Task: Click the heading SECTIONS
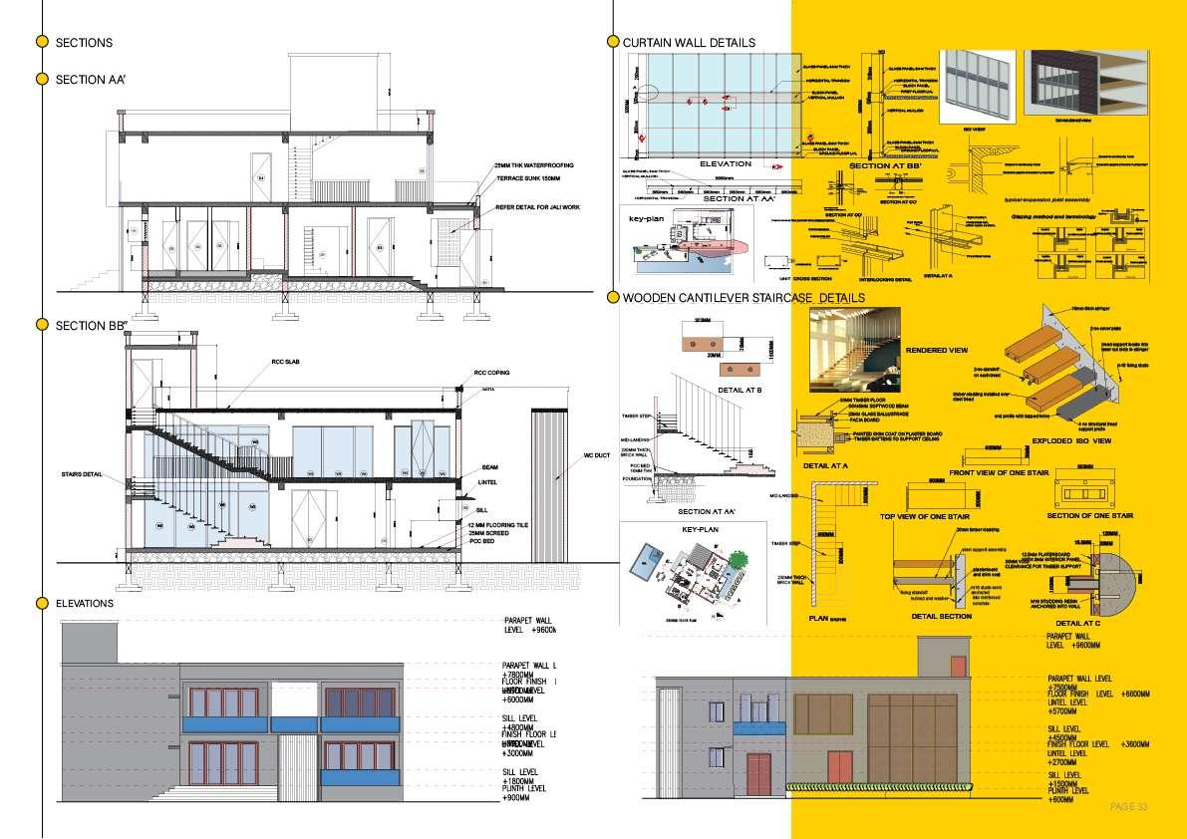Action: click(x=84, y=43)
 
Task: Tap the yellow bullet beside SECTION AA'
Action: click(x=42, y=79)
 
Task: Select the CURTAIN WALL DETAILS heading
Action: click(x=688, y=43)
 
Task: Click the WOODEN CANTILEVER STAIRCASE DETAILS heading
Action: click(x=742, y=298)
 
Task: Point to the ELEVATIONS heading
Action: click(x=85, y=603)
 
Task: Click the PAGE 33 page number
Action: click(x=1129, y=805)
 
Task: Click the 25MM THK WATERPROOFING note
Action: click(x=533, y=165)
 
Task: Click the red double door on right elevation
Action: click(x=758, y=771)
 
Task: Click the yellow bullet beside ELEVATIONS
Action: click(x=42, y=603)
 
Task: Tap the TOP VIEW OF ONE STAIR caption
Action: click(x=924, y=517)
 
